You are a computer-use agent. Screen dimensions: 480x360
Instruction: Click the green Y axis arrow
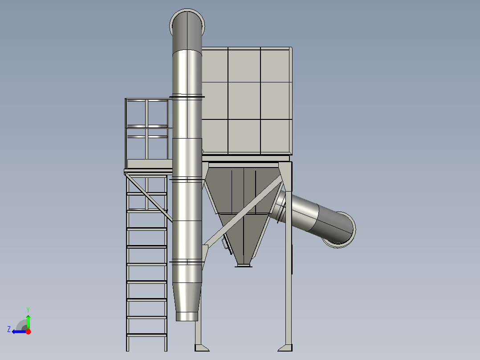click(28, 321)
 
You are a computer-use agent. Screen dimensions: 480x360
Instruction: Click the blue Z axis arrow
click(19, 331)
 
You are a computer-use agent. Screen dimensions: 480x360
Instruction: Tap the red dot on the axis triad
click(28, 331)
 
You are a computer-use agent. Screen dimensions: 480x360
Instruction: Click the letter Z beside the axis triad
click(9, 329)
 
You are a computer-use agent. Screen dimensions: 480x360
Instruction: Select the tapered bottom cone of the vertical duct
click(187, 302)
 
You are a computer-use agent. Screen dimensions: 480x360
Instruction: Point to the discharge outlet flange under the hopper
click(244, 266)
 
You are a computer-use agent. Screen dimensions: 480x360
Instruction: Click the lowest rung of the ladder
click(146, 335)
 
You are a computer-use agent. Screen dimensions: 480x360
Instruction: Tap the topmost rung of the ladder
click(146, 194)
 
